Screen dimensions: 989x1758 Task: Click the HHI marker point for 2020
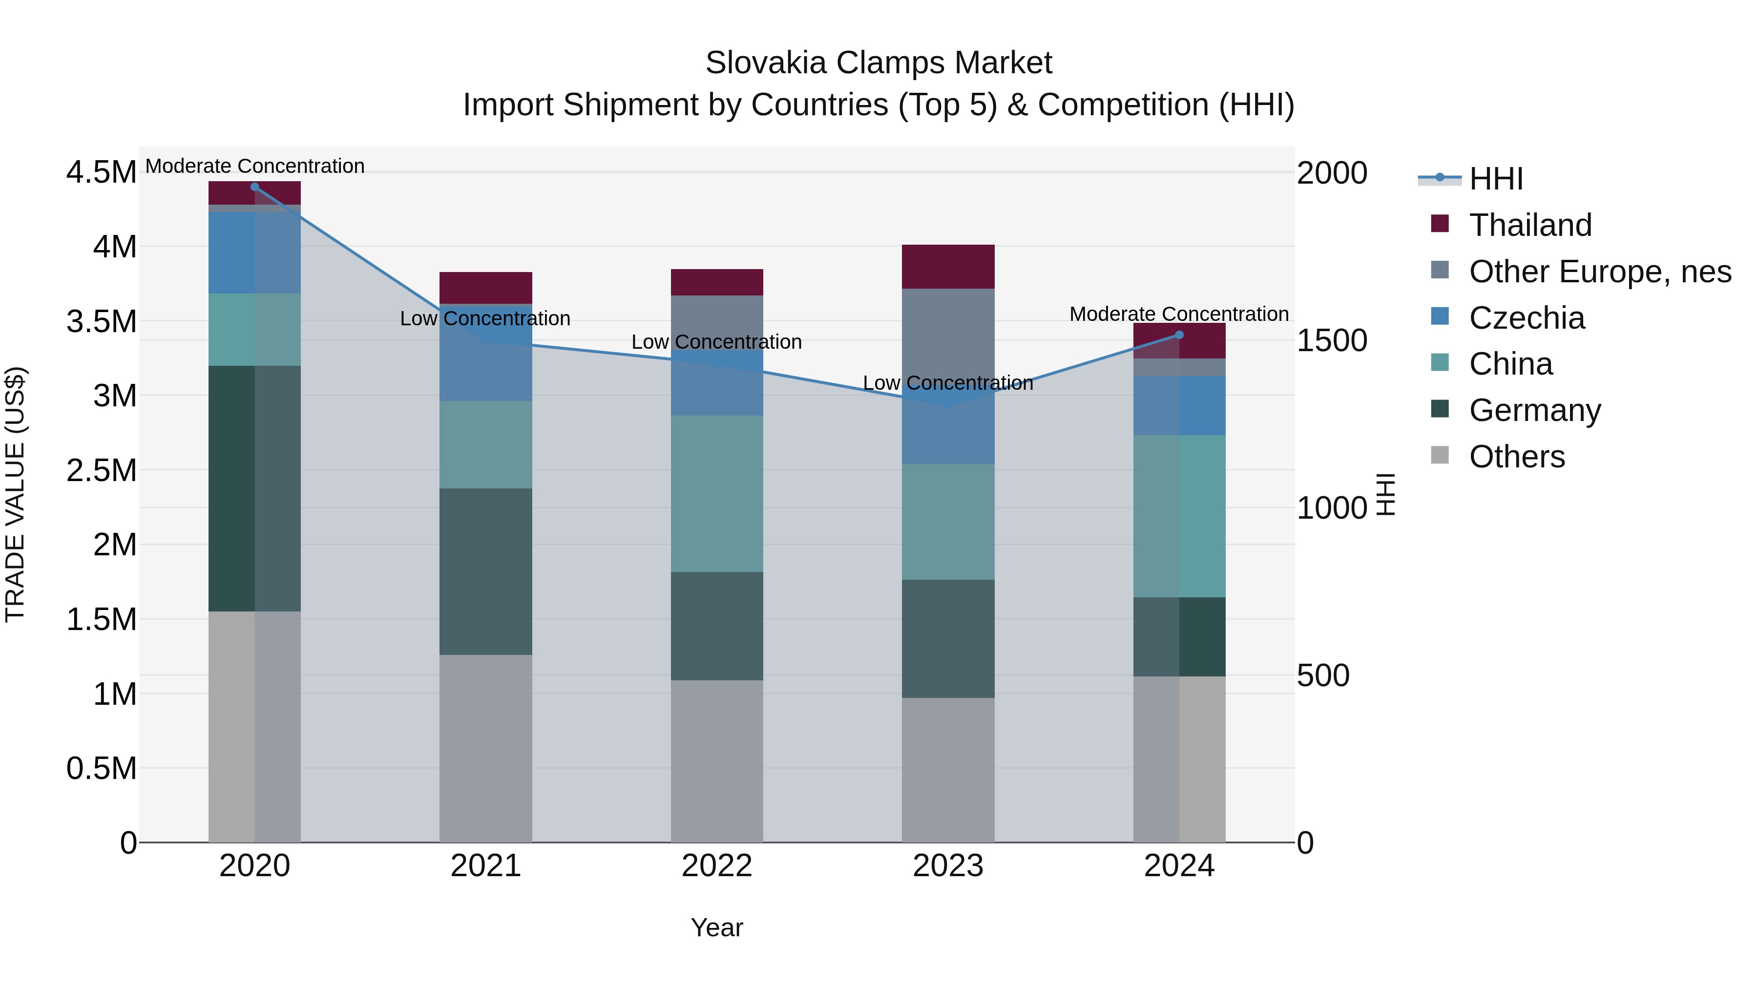[254, 187]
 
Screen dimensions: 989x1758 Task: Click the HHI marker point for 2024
[1179, 335]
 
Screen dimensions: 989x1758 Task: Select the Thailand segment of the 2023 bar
[948, 267]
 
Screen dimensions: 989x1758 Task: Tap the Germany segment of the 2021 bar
[485, 572]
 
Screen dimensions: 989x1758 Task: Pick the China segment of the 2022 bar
[716, 494]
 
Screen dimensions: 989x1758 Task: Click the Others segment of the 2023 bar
[948, 770]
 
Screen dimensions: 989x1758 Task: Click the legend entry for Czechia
[1527, 318]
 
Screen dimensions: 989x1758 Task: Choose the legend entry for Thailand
[1530, 225]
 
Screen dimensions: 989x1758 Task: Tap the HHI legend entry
[1495, 179]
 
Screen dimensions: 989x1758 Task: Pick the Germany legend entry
[1535, 411]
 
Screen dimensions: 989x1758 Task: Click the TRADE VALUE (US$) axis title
[16, 494]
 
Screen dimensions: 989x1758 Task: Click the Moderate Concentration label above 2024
[1179, 314]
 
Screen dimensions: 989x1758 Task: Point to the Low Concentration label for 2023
[948, 383]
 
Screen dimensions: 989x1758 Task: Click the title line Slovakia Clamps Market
[879, 63]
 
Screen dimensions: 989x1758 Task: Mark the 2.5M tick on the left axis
[101, 471]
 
